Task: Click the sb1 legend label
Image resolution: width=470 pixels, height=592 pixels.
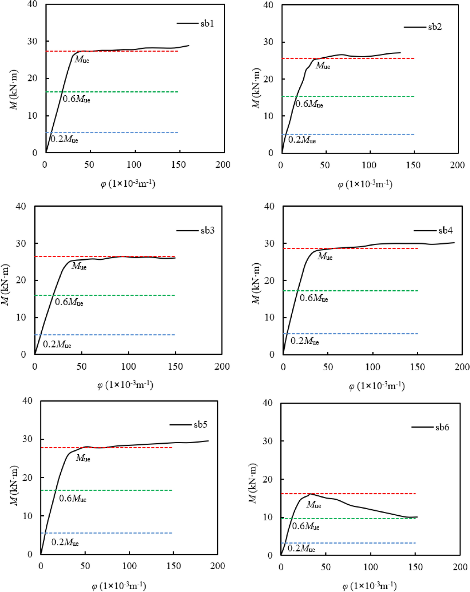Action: pos(207,24)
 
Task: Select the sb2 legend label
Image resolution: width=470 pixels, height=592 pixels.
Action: pos(435,27)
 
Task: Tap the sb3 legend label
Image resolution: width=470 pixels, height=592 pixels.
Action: pos(207,231)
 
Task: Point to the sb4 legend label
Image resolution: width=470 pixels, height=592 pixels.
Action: pos(445,230)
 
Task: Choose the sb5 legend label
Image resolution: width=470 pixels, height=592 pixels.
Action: pos(200,425)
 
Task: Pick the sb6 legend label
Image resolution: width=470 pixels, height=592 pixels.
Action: pos(442,427)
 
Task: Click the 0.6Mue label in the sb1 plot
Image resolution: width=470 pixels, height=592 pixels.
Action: pos(77,99)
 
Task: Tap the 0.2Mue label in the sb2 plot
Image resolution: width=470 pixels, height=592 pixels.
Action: pos(302,140)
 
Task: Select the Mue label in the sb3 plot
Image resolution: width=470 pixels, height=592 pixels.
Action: pos(79,266)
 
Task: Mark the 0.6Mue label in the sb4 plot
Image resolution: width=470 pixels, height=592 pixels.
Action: pos(314,298)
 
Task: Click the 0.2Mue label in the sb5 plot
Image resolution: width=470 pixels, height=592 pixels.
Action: pos(65,542)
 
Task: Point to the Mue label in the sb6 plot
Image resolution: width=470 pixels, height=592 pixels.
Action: pos(314,505)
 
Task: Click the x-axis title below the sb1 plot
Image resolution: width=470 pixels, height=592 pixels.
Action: pos(128,184)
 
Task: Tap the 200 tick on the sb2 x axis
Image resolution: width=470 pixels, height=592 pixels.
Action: pos(457,165)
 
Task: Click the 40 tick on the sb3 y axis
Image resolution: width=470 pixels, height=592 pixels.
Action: pos(21,206)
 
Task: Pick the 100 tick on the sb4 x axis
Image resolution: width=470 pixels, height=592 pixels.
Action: pos(373,367)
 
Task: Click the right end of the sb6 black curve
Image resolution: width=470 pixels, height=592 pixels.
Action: pos(417,517)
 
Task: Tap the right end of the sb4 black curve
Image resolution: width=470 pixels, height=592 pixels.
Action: pos(454,243)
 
